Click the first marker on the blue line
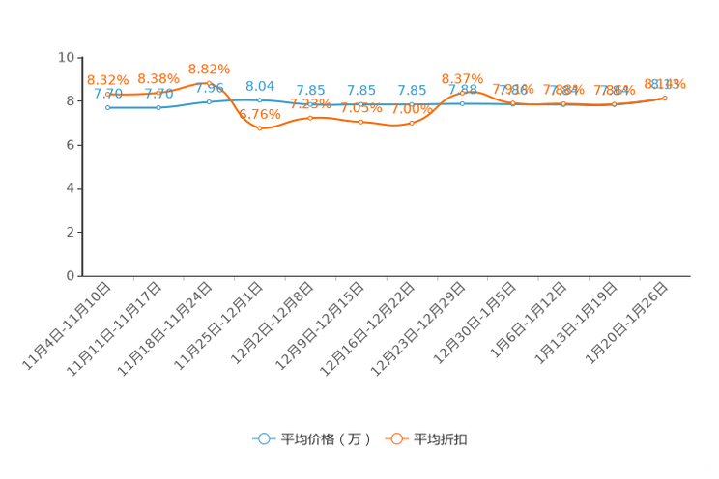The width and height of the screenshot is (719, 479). coord(108,107)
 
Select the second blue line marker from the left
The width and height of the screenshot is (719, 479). coord(158,107)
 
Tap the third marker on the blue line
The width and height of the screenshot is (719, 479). coord(209,100)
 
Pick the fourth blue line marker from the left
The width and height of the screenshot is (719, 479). coord(259,99)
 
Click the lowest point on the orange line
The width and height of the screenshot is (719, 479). coord(259,127)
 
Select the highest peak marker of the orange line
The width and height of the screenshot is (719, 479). coord(209,83)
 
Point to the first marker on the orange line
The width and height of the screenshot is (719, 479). coord(108,93)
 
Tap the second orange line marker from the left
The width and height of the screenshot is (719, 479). coord(158,93)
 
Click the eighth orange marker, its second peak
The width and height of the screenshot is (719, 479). coord(462,93)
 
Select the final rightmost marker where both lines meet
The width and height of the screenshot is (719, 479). coord(665,98)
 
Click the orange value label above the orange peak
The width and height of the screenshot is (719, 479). coord(209,69)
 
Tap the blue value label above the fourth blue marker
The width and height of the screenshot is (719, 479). coord(258,86)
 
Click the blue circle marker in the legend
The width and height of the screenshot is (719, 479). coord(262,438)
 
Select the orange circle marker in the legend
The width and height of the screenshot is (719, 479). coord(396,438)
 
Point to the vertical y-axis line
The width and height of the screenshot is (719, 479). coord(78,164)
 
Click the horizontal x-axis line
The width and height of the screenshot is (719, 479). coord(387,276)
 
